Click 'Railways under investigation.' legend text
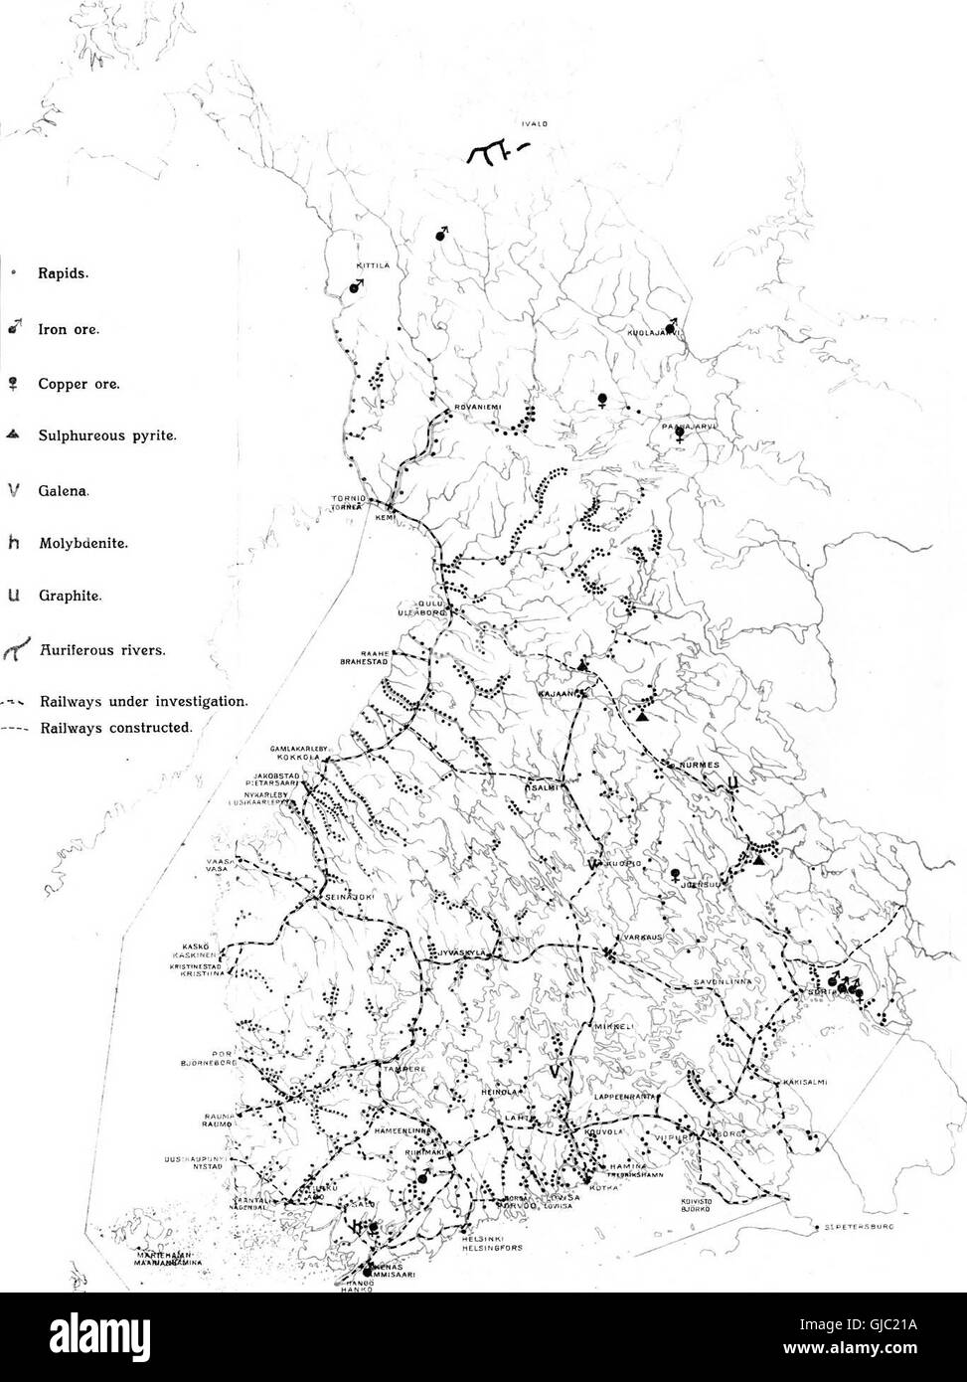pos(142,701)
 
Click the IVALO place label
pos(529,125)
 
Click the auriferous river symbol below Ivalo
pos(492,151)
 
